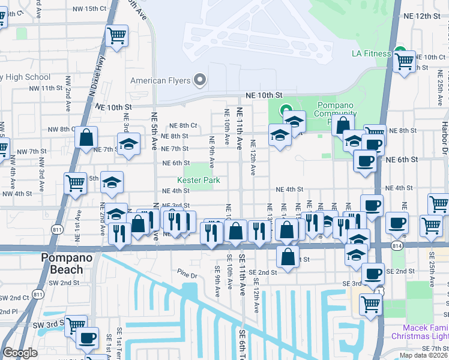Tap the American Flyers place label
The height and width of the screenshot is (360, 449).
[x=161, y=80]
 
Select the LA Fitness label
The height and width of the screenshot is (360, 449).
[x=371, y=53]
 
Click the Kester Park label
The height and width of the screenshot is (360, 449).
[x=198, y=180]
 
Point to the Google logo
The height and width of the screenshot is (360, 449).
[x=20, y=353]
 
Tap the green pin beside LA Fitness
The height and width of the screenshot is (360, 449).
[x=400, y=52]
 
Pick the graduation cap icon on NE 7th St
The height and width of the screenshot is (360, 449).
[x=128, y=145]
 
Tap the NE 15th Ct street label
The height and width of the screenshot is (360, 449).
[x=88, y=8]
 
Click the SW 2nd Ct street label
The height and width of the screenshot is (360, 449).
[x=14, y=298]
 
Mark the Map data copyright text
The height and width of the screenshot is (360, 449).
[x=423, y=355]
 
